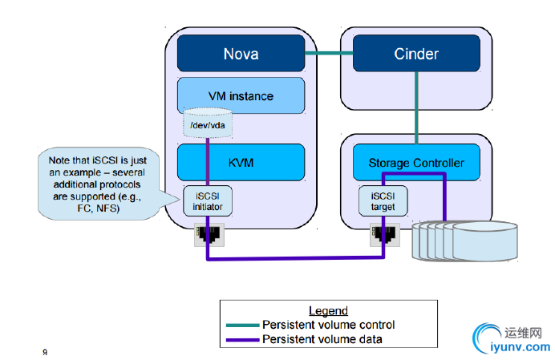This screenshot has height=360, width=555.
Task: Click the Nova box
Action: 240,55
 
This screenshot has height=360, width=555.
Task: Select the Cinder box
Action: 416,55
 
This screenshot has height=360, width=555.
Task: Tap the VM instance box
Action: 240,96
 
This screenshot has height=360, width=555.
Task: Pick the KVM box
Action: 240,163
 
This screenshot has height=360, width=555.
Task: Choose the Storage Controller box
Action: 416,163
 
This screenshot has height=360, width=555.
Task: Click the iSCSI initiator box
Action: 207,201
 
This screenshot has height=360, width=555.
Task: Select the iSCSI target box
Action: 383,201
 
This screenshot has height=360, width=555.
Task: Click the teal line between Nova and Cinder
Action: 329,54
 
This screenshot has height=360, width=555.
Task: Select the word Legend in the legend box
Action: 328,311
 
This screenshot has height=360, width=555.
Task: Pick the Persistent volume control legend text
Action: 329,325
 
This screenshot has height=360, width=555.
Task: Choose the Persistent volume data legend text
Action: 322,339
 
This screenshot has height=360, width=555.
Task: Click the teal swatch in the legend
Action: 242,325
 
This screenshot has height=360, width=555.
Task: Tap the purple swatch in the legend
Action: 242,339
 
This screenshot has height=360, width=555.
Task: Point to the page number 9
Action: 45,351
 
